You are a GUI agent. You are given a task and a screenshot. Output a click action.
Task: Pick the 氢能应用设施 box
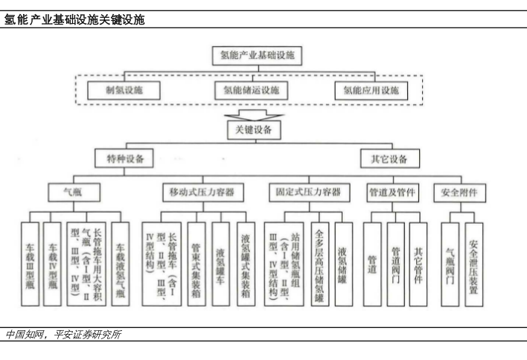(x=371, y=91)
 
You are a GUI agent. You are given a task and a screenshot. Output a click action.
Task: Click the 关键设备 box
(x=253, y=130)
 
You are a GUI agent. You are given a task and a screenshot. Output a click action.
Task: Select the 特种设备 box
(x=124, y=159)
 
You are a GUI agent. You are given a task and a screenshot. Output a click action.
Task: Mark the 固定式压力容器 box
(x=305, y=193)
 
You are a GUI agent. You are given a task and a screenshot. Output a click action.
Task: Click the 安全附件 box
(x=459, y=193)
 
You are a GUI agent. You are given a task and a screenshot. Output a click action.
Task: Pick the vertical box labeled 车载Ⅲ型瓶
(x=30, y=263)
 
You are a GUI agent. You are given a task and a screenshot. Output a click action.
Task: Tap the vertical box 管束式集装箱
(x=197, y=263)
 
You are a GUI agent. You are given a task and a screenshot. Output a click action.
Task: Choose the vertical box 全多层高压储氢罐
(x=319, y=263)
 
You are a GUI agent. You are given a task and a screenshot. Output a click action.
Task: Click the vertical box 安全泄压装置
(x=474, y=263)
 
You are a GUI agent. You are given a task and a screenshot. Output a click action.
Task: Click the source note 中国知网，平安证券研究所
(x=63, y=334)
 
